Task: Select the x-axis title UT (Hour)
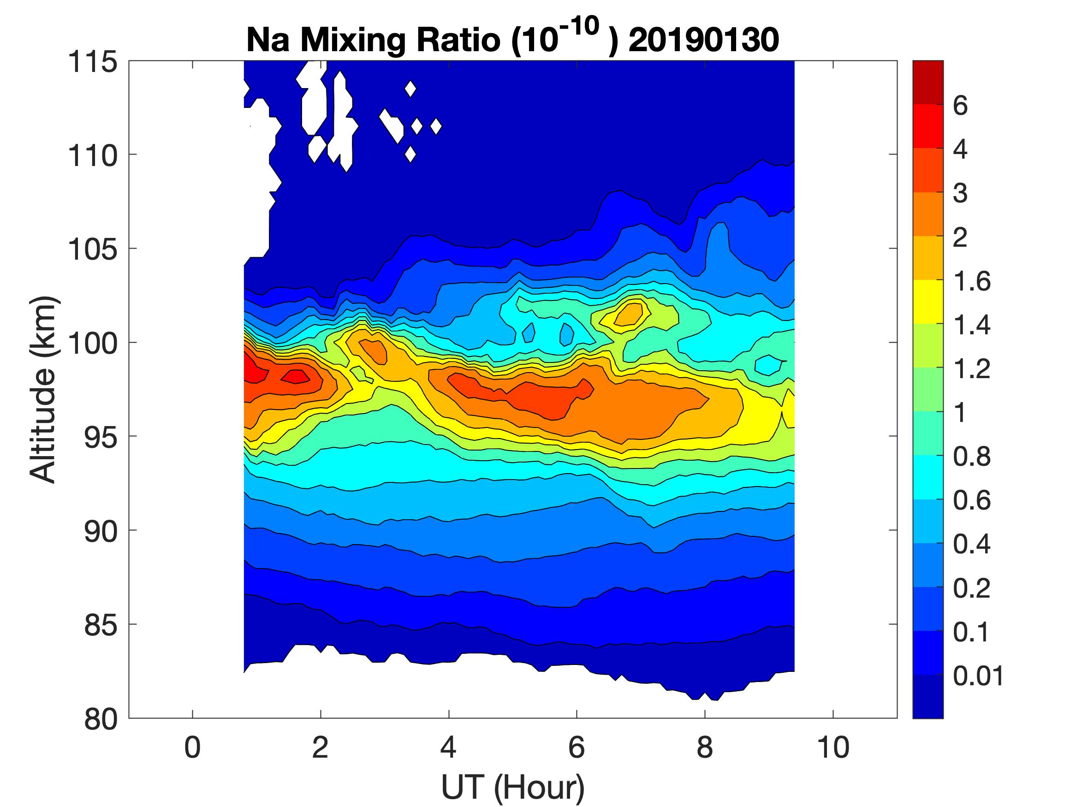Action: (512, 787)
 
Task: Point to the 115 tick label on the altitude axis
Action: (92, 62)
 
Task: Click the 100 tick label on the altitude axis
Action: (92, 343)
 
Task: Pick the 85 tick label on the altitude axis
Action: (101, 624)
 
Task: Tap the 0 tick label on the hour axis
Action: (193, 748)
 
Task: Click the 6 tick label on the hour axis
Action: (577, 748)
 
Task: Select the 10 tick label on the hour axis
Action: (833, 748)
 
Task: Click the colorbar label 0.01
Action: (978, 676)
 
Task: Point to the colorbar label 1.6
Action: (971, 281)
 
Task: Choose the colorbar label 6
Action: (960, 106)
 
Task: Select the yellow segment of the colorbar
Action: (927, 302)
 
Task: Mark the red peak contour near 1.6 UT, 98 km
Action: (295, 376)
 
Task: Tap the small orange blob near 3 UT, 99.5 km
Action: (375, 351)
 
